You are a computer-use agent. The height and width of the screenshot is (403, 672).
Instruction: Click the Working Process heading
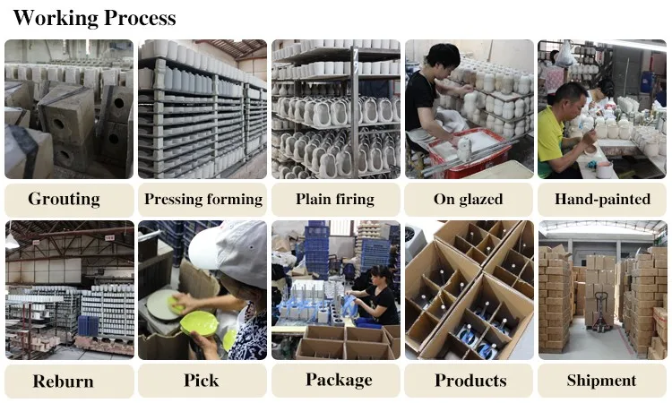(94, 17)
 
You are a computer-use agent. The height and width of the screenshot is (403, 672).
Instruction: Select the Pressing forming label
(203, 199)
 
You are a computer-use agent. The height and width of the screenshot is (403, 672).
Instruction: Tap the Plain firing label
(335, 199)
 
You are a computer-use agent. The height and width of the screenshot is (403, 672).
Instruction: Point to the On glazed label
(469, 199)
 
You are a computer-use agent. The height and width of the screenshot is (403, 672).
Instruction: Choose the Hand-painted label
(602, 199)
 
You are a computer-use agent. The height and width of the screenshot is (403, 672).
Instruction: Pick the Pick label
(202, 380)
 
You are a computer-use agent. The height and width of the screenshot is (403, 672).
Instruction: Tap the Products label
(470, 381)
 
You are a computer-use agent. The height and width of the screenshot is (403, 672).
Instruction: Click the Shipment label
(602, 381)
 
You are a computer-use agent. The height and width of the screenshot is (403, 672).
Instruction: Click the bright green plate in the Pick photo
(199, 323)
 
